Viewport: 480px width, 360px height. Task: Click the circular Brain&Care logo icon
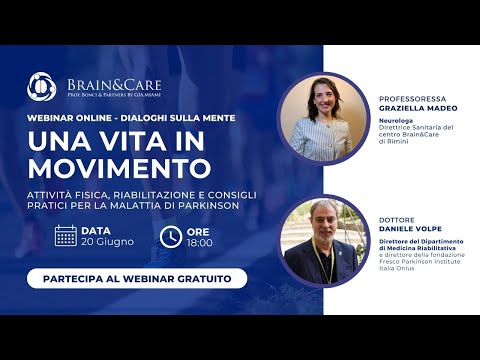click(x=41, y=87)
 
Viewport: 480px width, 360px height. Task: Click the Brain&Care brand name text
click(x=113, y=84)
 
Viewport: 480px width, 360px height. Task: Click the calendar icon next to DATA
click(x=66, y=236)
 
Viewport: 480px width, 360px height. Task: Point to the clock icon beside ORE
click(x=171, y=236)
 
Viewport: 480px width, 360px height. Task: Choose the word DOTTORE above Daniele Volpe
click(x=397, y=219)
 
